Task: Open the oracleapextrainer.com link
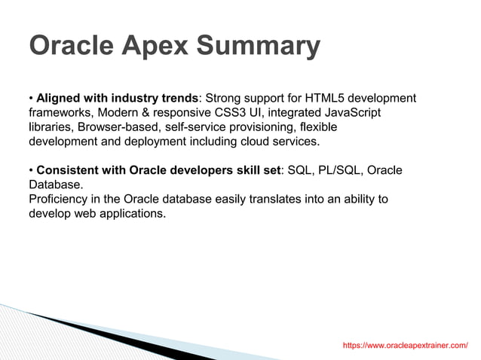[x=405, y=345]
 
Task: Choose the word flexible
[x=317, y=127]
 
